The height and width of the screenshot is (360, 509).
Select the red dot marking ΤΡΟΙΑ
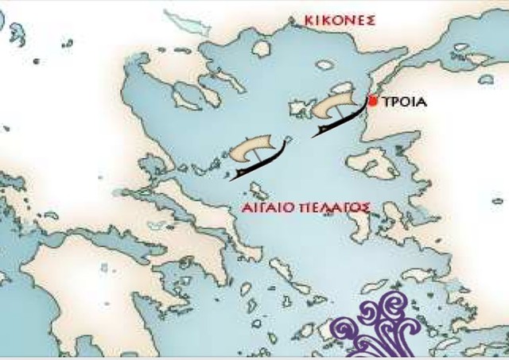pyautogui.click(x=373, y=101)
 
